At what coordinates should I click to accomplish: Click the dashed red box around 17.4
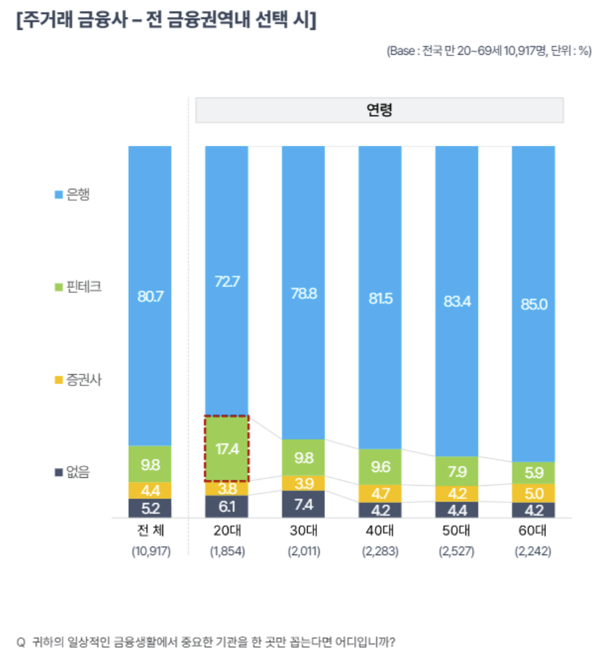point(226,448)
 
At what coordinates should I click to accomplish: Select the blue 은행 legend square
point(59,195)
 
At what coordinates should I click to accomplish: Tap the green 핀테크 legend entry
point(79,287)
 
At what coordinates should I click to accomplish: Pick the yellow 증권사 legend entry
point(79,380)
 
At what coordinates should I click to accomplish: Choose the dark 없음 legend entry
point(73,472)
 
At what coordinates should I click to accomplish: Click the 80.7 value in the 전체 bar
point(150,296)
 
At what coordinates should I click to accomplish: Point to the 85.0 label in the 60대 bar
point(533,305)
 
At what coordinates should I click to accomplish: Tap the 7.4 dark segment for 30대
point(303,504)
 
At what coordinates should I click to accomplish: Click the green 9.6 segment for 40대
point(380,467)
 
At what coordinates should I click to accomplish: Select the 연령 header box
point(380,110)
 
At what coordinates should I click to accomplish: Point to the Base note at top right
point(489,53)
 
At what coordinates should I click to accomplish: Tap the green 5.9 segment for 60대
point(533,473)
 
